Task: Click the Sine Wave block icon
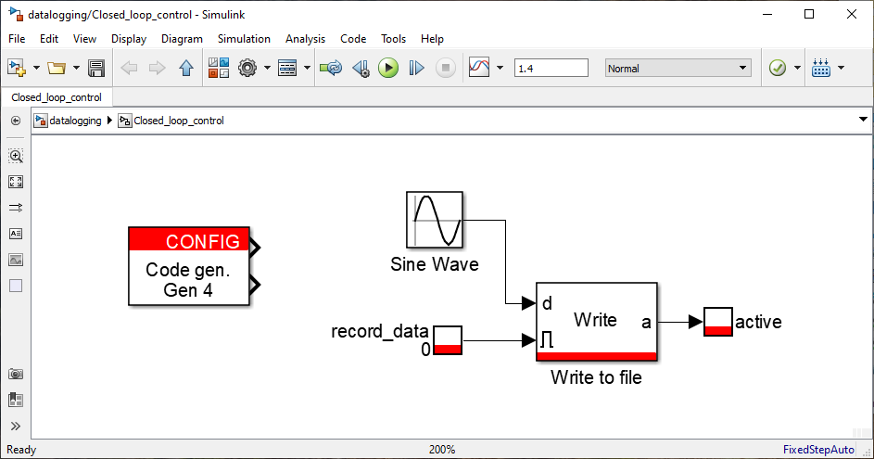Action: pyautogui.click(x=434, y=220)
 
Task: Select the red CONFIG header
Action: pyautogui.click(x=189, y=240)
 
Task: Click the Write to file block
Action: pyautogui.click(x=597, y=322)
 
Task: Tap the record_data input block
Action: pyautogui.click(x=448, y=340)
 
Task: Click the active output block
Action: pyautogui.click(x=718, y=322)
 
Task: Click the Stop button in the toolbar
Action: pyautogui.click(x=446, y=68)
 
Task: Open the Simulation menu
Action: pyautogui.click(x=244, y=39)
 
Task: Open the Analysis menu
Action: pyautogui.click(x=305, y=39)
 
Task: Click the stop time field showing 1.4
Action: pyautogui.click(x=551, y=68)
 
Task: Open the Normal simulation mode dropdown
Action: pyautogui.click(x=678, y=68)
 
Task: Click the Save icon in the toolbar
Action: pyautogui.click(x=96, y=68)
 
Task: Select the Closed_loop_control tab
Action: pyautogui.click(x=57, y=97)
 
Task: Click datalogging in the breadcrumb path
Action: pyautogui.click(x=75, y=121)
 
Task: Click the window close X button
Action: pyautogui.click(x=851, y=15)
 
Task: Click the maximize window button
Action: pyautogui.click(x=809, y=15)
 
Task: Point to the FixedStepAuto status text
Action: pyautogui.click(x=818, y=450)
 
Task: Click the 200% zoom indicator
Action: pyautogui.click(x=442, y=450)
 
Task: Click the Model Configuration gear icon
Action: pyautogui.click(x=247, y=68)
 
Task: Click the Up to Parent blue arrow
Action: pyautogui.click(x=186, y=68)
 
